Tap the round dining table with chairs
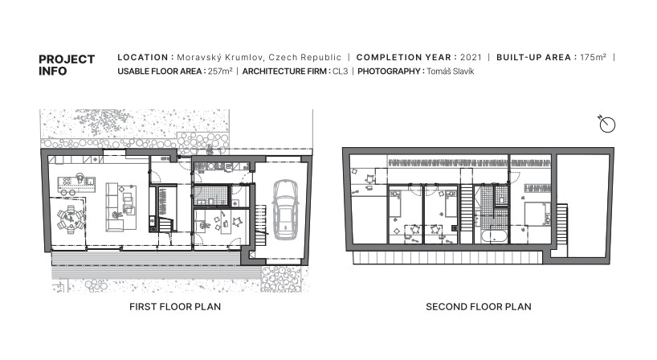(71, 219)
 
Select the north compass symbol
(606, 124)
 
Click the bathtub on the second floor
(495, 236)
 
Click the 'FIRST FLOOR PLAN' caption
(175, 307)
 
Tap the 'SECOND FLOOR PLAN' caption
(479, 307)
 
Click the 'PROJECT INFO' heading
(67, 65)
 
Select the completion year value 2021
(471, 57)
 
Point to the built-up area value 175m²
(593, 57)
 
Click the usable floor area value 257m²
(220, 72)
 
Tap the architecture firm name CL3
(341, 72)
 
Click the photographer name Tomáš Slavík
(451, 72)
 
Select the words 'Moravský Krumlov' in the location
(220, 57)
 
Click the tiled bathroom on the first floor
(210, 196)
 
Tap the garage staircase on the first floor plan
(260, 225)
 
